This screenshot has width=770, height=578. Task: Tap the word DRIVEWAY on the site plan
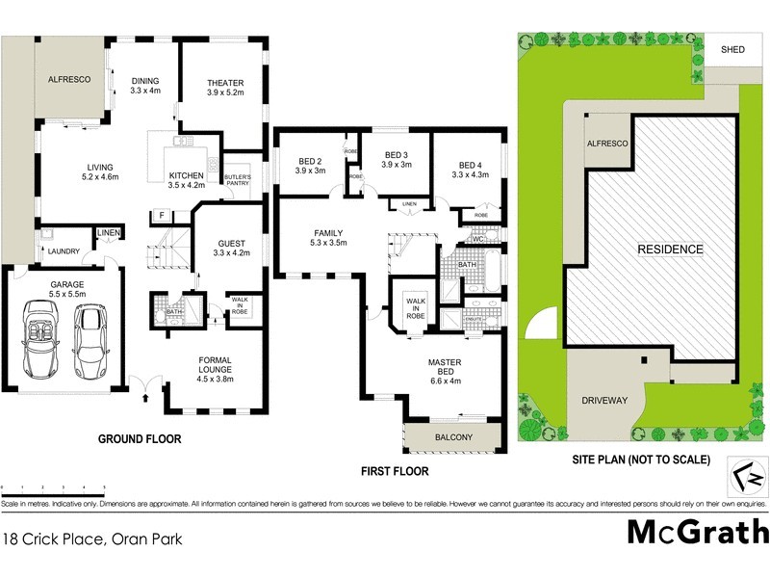coord(603,400)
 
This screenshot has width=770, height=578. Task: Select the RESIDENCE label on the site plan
coord(671,250)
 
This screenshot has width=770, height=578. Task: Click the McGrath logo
coord(697,531)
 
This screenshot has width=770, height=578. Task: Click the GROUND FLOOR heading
coord(140,439)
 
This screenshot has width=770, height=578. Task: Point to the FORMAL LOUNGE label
coord(215,365)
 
